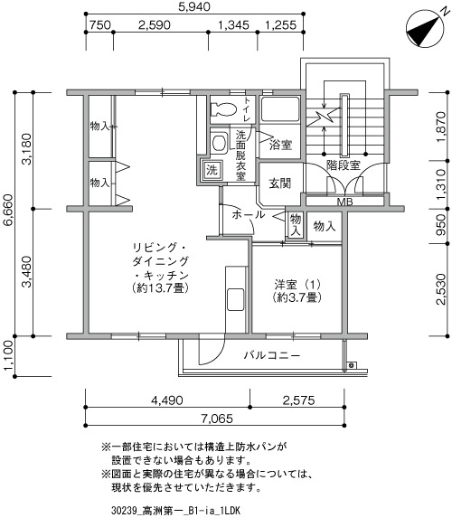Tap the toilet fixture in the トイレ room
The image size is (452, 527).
pyautogui.click(x=222, y=109)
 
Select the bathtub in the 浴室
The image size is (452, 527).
pyautogui.click(x=279, y=109)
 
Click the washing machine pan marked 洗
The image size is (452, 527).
pyautogui.click(x=212, y=170)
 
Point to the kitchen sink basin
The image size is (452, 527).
pyautogui.click(x=236, y=299)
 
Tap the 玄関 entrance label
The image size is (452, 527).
pyautogui.click(x=279, y=184)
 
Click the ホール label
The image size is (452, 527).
pyautogui.click(x=249, y=214)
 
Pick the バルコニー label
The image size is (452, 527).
pyautogui.click(x=272, y=355)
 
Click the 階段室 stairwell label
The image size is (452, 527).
pyautogui.click(x=344, y=165)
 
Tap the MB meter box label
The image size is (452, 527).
pyautogui.click(x=344, y=202)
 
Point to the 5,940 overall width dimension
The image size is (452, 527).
pyautogui.click(x=194, y=6)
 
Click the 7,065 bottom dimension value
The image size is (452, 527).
pyautogui.click(x=217, y=419)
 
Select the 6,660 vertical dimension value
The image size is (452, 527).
pyautogui.click(x=7, y=210)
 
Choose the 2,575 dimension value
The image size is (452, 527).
pyautogui.click(x=298, y=400)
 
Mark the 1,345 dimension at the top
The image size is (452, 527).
pyautogui.click(x=233, y=25)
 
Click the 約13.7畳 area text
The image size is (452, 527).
pyautogui.click(x=160, y=287)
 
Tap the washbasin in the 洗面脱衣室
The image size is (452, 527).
pyautogui.click(x=219, y=143)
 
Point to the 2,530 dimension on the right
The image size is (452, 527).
pyautogui.click(x=441, y=289)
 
